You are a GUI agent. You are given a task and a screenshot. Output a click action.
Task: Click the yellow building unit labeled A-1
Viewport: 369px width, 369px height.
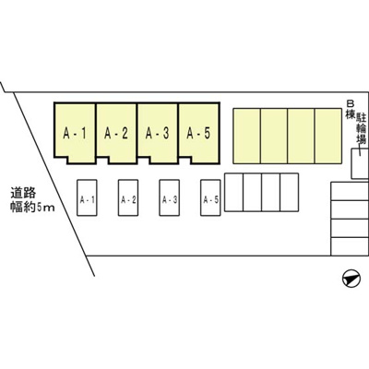point(75,132)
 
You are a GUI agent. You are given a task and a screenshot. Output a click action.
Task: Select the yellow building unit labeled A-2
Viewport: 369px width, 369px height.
point(116,132)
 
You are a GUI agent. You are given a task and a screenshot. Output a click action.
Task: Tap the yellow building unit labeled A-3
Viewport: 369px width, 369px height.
point(158,132)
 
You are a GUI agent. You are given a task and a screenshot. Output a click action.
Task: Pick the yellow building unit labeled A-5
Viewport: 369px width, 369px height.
point(199,132)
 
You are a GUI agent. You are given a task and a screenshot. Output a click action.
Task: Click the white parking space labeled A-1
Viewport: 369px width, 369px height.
point(87,197)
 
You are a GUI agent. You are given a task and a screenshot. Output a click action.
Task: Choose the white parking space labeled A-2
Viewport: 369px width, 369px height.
point(128,197)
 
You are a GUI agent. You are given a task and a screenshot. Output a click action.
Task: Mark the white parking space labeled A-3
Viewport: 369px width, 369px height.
point(169,197)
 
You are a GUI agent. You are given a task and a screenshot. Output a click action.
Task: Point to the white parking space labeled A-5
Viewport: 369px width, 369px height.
point(210,197)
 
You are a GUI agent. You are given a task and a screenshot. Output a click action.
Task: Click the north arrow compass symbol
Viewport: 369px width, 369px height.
point(351,279)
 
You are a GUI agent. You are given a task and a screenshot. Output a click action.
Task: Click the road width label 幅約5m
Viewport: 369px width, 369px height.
point(32,207)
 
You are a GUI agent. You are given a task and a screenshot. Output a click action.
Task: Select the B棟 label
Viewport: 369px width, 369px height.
point(350,110)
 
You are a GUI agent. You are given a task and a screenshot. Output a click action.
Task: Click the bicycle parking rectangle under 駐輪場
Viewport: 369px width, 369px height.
point(360,163)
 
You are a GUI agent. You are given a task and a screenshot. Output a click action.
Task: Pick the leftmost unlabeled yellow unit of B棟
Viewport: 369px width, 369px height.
point(246,136)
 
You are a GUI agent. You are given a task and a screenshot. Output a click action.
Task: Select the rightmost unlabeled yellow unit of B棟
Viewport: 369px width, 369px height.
point(328,136)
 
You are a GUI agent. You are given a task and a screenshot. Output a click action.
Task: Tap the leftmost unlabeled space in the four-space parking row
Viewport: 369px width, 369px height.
point(234,193)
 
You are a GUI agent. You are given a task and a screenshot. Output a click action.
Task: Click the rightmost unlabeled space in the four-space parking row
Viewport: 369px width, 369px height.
point(290,193)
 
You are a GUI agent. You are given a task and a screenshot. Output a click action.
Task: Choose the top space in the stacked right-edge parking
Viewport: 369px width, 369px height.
point(350,191)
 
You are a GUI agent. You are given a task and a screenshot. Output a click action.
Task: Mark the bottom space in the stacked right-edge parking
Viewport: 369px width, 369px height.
point(350,246)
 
